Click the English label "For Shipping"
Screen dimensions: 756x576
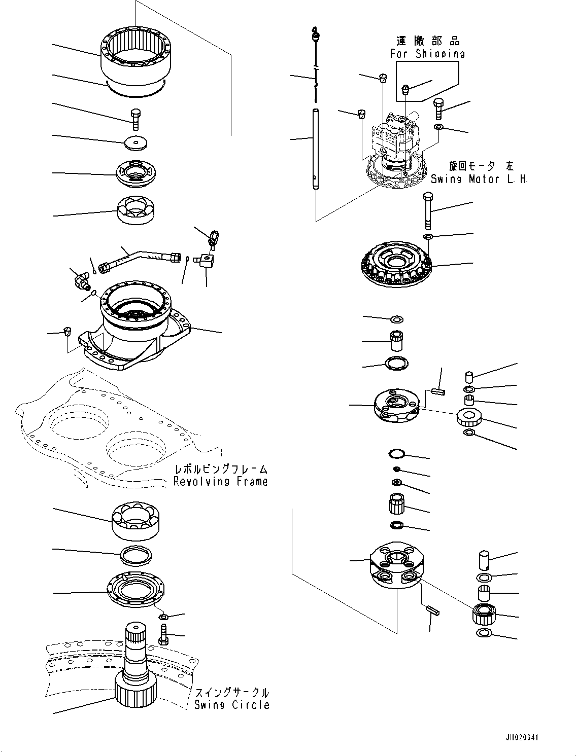(x=427, y=53)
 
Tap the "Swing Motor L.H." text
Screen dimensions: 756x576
(x=479, y=179)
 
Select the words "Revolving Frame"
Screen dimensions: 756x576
(x=220, y=481)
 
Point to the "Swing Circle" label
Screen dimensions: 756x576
(x=232, y=704)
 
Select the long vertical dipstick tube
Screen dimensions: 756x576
(x=315, y=149)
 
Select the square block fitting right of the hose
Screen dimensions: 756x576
(x=208, y=261)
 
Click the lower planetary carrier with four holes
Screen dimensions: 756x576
(x=396, y=565)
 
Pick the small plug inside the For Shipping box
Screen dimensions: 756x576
(x=406, y=90)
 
